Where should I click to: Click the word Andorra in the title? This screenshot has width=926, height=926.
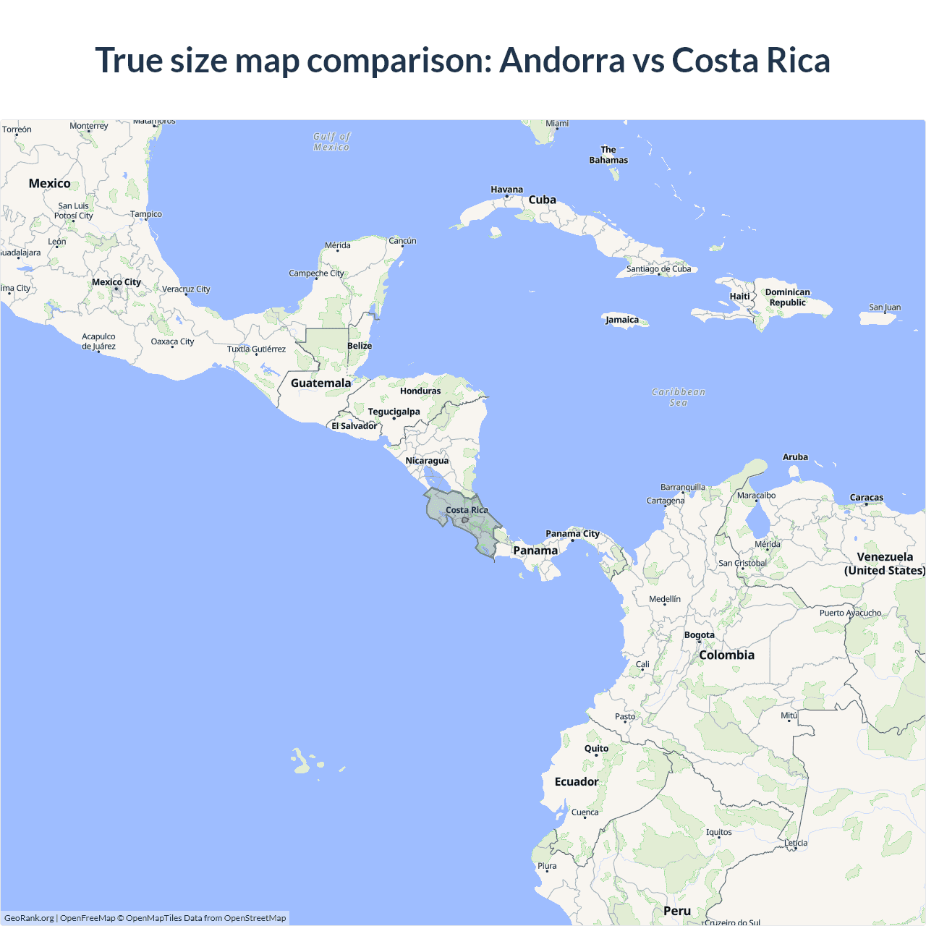[x=562, y=60]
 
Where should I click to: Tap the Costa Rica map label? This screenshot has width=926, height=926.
[x=467, y=510]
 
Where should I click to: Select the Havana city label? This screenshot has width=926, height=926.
[x=506, y=190]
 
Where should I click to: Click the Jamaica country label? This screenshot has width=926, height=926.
[x=622, y=320]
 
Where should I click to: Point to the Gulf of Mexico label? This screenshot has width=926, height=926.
[x=331, y=142]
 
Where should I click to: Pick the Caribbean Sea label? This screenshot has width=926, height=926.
[x=678, y=397]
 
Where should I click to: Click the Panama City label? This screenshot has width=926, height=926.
[x=572, y=534]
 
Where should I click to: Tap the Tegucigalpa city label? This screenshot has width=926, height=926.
[x=394, y=412]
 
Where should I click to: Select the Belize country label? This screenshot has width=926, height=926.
[x=360, y=346]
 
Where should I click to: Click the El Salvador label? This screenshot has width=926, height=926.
[x=354, y=426]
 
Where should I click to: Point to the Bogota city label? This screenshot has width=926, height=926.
[x=700, y=635]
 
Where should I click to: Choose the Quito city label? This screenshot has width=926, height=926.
[x=596, y=749]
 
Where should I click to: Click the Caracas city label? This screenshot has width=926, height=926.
[x=867, y=498]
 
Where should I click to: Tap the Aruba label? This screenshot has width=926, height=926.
[x=795, y=457]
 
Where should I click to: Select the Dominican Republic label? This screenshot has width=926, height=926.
[x=788, y=297]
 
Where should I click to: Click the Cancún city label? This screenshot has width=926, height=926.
[x=402, y=241]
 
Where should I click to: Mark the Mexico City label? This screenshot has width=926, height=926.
[x=116, y=282]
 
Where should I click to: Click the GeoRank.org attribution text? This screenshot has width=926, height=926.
[x=29, y=918]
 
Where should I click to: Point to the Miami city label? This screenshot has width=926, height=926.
[x=557, y=124]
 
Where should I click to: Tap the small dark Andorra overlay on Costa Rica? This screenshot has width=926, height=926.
[x=465, y=519]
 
